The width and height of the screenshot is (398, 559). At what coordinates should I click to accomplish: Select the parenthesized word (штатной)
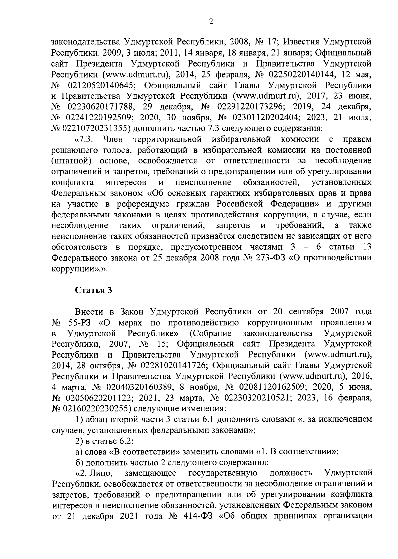coord(72,161)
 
